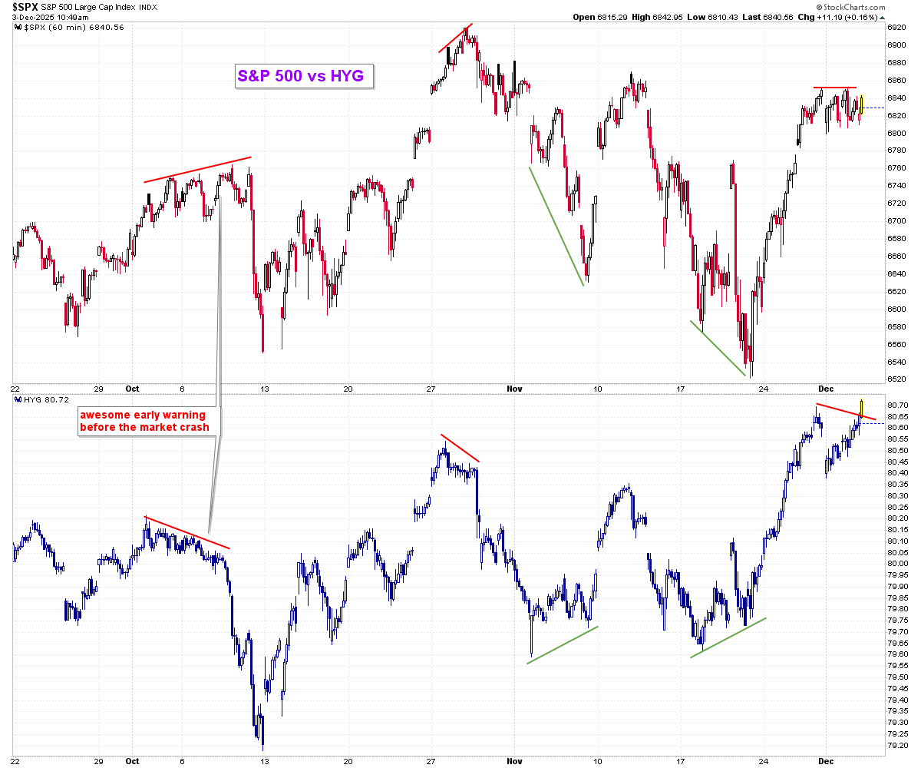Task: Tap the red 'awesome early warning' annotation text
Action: (x=144, y=421)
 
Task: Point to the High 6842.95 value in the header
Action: (x=655, y=17)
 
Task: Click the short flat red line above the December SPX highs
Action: (x=835, y=88)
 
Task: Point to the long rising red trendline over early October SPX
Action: (x=197, y=170)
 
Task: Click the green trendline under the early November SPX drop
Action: (x=556, y=226)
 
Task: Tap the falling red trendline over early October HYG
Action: (x=187, y=532)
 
